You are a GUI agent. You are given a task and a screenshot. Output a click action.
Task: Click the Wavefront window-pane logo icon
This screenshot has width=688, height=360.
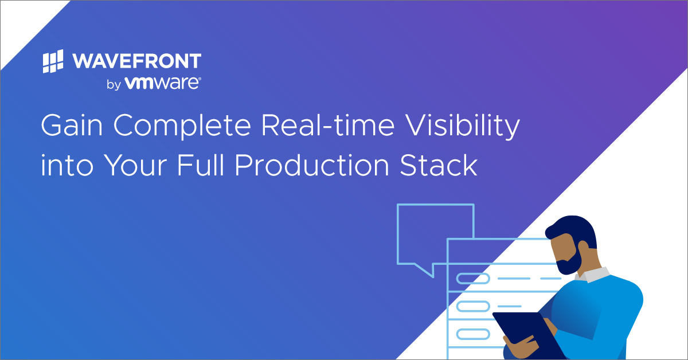53,61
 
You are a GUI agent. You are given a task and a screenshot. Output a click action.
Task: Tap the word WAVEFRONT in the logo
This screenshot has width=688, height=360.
136,61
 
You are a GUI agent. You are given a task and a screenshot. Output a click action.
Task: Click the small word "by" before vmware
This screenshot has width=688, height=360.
114,84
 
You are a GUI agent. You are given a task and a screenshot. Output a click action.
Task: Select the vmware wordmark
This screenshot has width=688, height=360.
162,83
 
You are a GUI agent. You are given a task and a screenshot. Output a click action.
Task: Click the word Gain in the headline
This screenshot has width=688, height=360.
72,125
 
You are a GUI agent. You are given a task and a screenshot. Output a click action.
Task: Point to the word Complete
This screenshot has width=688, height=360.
182,126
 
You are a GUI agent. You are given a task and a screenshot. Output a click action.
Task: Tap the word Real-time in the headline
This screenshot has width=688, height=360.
328,125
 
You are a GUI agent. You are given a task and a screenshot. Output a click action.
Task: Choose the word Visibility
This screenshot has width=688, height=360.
463,126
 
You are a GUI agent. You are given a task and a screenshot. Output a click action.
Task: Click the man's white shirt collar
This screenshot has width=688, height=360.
593,275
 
